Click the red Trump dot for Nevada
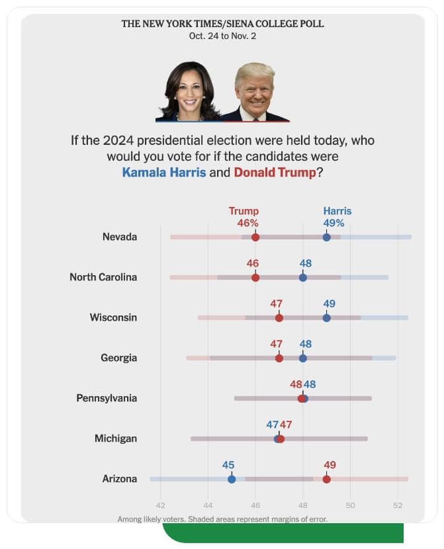click(x=255, y=237)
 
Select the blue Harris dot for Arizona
click(x=231, y=479)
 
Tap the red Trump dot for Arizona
click(x=326, y=479)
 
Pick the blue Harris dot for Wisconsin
click(x=326, y=318)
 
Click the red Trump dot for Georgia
click(x=279, y=358)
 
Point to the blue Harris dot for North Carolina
click(x=303, y=277)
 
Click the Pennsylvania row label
click(x=106, y=398)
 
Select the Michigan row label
click(x=115, y=439)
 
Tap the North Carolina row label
click(x=103, y=277)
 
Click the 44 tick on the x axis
click(x=208, y=505)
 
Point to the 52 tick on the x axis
click(x=397, y=505)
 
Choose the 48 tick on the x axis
click(x=303, y=505)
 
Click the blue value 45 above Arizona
click(x=228, y=465)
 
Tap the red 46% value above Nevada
click(x=247, y=223)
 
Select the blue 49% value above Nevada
click(x=334, y=223)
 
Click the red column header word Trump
click(x=244, y=211)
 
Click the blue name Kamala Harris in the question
click(x=164, y=173)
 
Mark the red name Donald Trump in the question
click(x=274, y=173)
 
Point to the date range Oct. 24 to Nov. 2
click(x=222, y=36)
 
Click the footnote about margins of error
click(x=222, y=519)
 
